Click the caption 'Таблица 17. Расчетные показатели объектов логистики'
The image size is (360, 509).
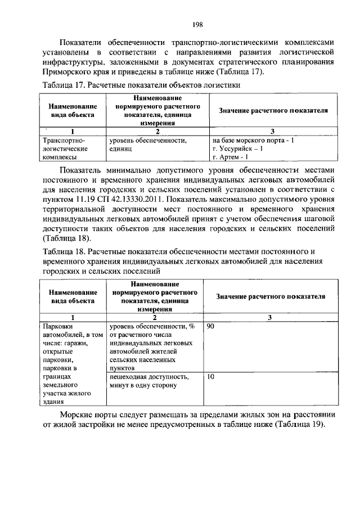tap(142, 85)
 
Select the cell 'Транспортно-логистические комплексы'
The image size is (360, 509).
tap(66, 148)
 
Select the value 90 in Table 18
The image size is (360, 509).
tap(211, 327)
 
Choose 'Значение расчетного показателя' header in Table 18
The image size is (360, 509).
tap(271, 296)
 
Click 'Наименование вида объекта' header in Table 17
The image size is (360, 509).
tap(73, 111)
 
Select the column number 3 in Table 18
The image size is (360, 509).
tap(270, 318)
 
